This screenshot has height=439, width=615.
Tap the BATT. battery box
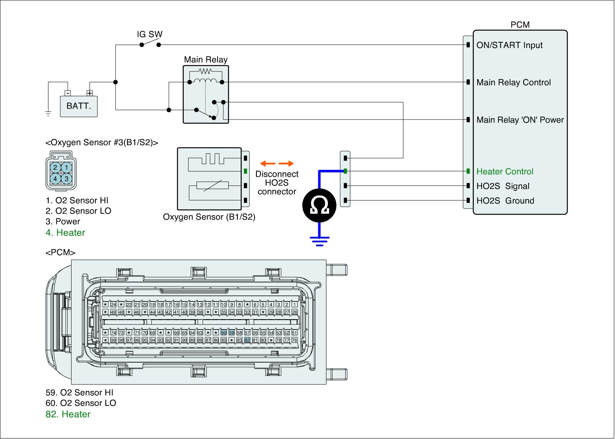79,106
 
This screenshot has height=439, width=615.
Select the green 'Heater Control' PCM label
505,172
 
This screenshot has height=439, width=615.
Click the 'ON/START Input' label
509,45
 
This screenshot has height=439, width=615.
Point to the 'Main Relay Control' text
514,83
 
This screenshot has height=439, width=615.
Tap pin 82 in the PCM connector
247,340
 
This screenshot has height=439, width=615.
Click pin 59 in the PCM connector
231,333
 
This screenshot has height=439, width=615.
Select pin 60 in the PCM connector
224,333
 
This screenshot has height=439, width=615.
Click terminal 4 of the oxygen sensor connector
55,179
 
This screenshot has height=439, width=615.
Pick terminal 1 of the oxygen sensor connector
66,167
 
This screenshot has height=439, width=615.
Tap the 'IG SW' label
150,34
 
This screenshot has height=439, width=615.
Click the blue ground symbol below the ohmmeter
319,240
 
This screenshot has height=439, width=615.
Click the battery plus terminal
90,93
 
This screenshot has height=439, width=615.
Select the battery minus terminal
68,93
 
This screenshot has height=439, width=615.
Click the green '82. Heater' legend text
68,414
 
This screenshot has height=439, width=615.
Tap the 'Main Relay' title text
206,60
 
